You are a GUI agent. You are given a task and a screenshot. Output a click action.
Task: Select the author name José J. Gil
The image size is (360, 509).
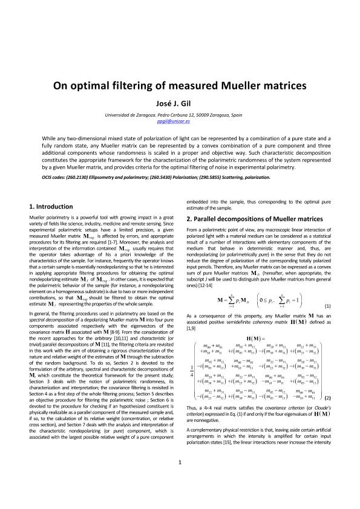180,102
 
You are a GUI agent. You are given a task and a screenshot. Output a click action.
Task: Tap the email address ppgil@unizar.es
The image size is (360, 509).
180,122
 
